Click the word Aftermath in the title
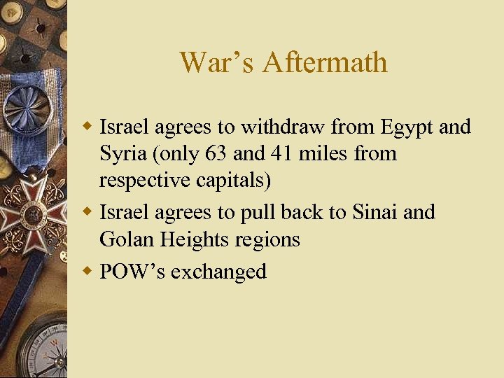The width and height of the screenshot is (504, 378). click(325, 62)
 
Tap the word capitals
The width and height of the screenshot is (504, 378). click(230, 180)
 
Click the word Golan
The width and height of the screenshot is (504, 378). click(127, 239)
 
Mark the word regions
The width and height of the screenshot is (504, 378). click(269, 239)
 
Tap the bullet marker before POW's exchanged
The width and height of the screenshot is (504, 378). click(88, 270)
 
